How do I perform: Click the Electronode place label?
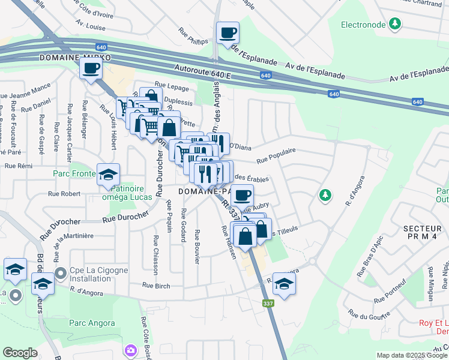(x=362, y=25)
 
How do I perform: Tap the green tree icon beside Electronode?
(x=394, y=24)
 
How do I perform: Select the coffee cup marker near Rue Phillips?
(x=228, y=33)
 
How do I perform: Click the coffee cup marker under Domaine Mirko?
(x=91, y=69)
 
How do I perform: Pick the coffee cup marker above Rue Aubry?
(x=242, y=196)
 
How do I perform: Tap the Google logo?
(x=20, y=353)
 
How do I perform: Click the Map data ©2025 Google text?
(x=411, y=355)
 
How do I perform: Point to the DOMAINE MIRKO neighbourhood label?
(x=68, y=57)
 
